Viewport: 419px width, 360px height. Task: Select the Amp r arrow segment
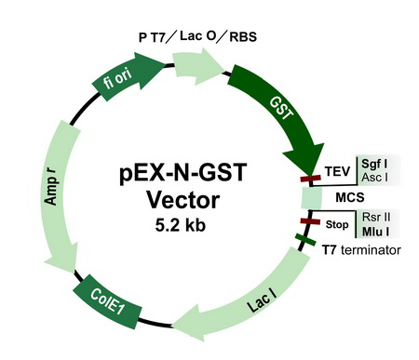coord(58,193)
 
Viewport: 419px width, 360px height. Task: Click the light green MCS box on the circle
coord(311,198)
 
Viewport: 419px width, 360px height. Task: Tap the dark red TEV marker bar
coord(310,179)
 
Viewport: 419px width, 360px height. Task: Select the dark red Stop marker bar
coord(310,221)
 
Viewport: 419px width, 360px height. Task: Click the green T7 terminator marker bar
coord(305,240)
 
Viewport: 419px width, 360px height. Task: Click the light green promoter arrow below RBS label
coord(197,66)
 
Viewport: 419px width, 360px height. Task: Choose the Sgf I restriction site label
coord(374,164)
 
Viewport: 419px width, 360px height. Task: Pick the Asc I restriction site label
coord(374,178)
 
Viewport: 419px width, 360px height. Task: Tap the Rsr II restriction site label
coord(376,217)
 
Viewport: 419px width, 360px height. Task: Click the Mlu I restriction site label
coord(376,232)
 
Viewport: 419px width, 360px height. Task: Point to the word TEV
coord(337,171)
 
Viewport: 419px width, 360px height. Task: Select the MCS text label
coord(350,197)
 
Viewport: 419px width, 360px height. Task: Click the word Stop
coord(337,224)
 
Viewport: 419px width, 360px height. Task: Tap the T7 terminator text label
coord(361,249)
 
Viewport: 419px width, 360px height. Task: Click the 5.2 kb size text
coord(181,225)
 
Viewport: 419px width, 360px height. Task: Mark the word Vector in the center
coord(183,200)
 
